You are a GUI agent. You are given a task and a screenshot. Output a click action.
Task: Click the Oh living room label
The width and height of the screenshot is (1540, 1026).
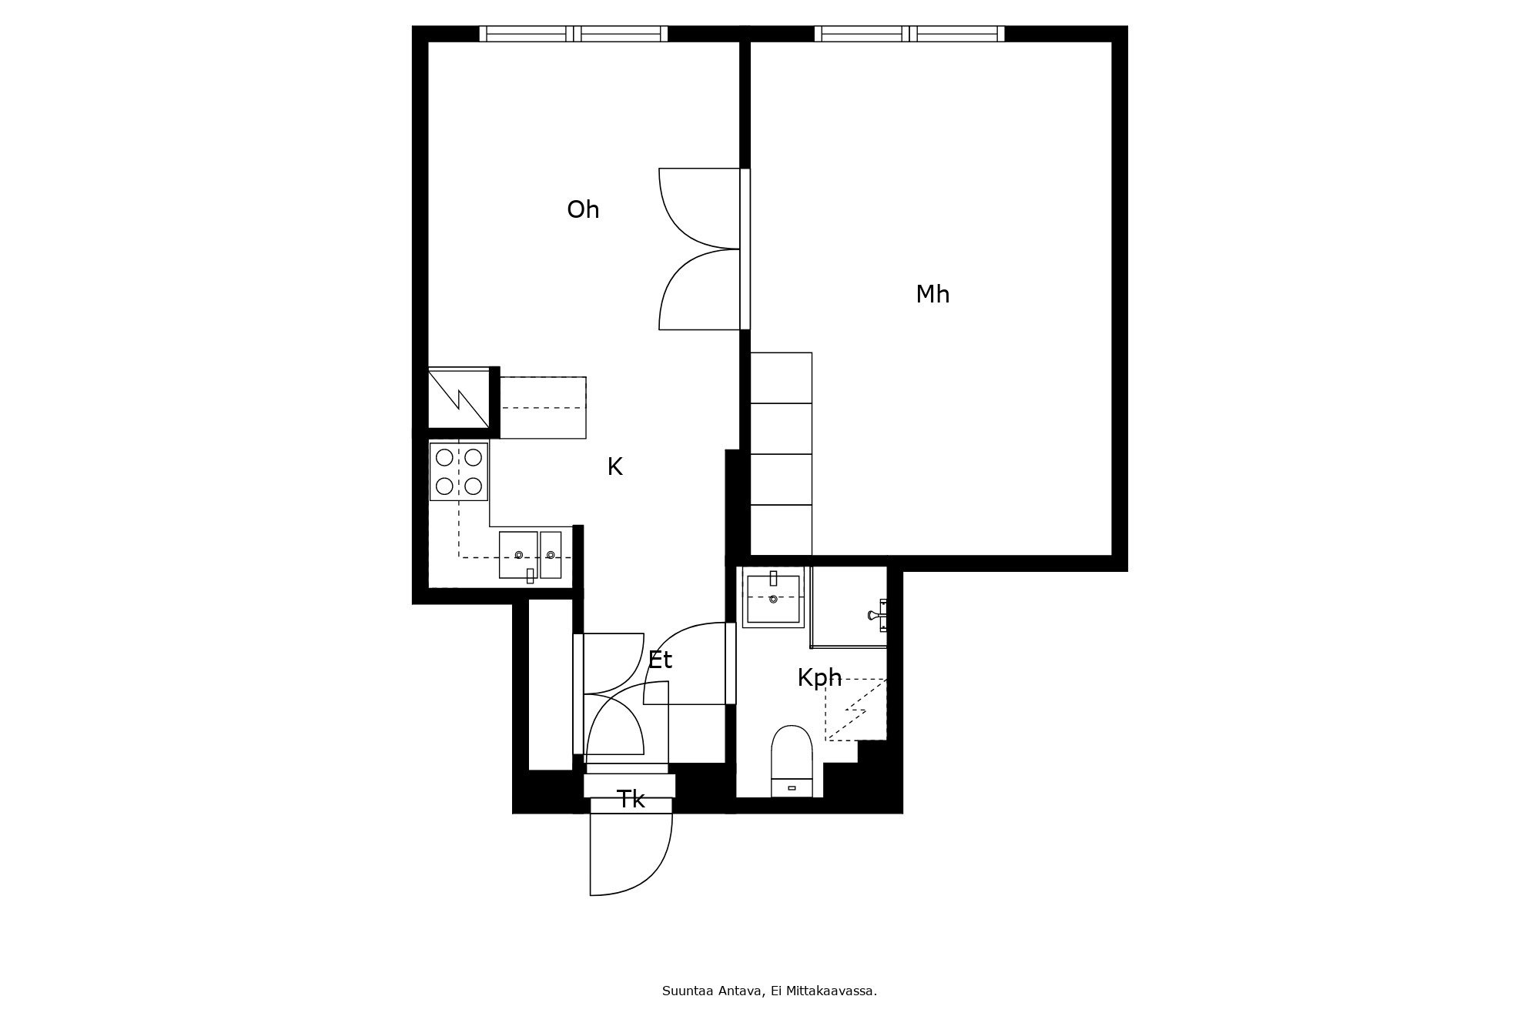click(x=583, y=209)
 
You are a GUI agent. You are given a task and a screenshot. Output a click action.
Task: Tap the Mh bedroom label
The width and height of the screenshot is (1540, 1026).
click(x=932, y=294)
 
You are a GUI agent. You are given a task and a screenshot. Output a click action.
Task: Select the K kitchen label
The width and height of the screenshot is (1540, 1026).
click(x=614, y=466)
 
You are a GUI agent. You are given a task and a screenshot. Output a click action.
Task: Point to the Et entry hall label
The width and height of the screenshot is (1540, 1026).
click(x=660, y=660)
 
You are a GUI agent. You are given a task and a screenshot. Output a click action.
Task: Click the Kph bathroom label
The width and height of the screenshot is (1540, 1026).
click(x=819, y=678)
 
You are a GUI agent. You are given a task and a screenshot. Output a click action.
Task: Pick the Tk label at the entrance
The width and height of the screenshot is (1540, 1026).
click(x=631, y=800)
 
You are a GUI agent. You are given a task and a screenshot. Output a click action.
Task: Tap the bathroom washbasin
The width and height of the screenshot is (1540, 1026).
click(x=773, y=597)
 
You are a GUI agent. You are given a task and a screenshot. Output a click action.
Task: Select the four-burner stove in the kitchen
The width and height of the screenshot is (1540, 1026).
click(x=459, y=472)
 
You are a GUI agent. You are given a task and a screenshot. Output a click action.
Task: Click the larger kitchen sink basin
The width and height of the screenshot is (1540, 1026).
click(x=518, y=555)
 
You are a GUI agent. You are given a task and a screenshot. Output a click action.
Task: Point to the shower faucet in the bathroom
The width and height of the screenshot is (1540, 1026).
click(x=877, y=615)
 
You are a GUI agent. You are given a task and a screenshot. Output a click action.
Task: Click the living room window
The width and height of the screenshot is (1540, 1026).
click(x=574, y=34)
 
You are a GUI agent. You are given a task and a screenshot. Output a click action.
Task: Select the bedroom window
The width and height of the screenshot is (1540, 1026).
click(x=909, y=34)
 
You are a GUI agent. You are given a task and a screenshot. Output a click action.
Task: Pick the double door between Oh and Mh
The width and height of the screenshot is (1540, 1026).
click(x=700, y=249)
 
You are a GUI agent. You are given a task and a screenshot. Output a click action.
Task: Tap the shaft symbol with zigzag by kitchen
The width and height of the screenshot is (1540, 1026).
click(x=459, y=398)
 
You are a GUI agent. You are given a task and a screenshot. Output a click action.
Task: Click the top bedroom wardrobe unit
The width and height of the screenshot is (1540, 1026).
click(x=781, y=378)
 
